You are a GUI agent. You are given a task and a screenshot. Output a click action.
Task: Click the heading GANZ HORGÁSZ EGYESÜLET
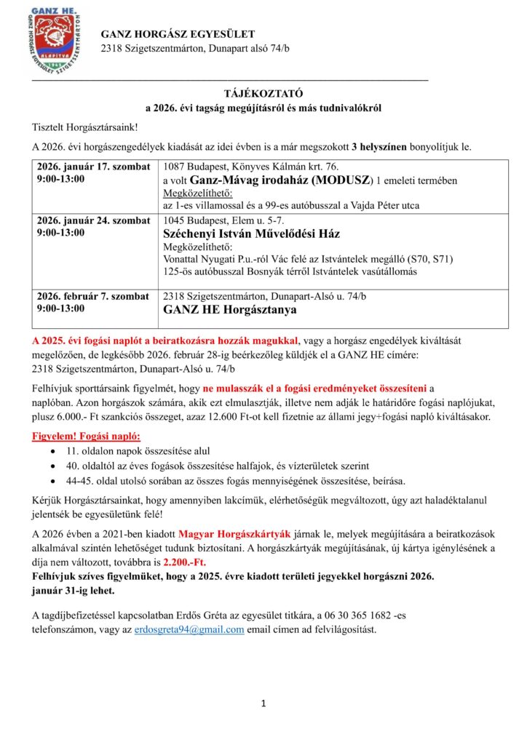[178, 34]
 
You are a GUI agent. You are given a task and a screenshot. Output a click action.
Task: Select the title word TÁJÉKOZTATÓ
[263, 93]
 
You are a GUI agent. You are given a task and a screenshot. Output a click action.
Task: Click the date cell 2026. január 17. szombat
[92, 167]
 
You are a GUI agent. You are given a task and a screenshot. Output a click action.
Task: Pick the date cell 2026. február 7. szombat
[92, 296]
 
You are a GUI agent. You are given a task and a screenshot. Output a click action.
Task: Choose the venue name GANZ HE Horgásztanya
[229, 309]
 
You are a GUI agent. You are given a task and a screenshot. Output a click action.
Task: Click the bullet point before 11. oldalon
[51, 451]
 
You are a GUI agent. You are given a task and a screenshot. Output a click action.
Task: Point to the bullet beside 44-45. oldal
[51, 480]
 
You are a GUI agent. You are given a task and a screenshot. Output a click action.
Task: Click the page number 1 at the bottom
[263, 704]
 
